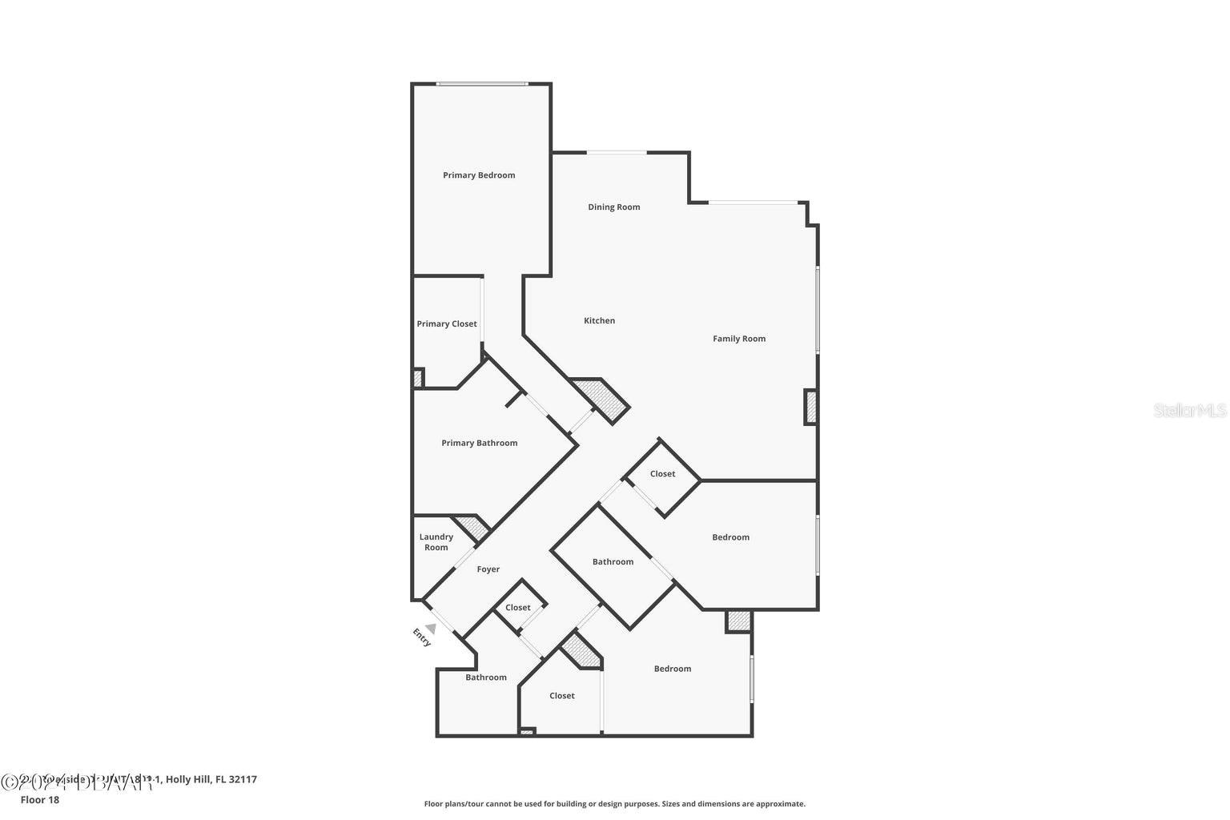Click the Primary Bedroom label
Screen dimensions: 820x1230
coord(479,175)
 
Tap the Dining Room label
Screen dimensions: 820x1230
coord(613,207)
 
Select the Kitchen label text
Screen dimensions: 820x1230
coord(599,321)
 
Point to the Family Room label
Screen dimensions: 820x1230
coord(738,339)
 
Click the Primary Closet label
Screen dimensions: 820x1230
coord(446,324)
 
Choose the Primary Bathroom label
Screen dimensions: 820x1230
coord(479,443)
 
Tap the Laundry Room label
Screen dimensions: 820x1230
coord(436,542)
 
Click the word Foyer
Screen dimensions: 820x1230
coord(488,569)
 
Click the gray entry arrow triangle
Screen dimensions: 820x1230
coord(431,629)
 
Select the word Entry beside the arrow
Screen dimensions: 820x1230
coord(421,638)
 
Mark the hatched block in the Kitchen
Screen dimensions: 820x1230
coord(602,398)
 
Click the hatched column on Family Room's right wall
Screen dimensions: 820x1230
coord(810,407)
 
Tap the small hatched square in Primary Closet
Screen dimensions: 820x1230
coord(417,378)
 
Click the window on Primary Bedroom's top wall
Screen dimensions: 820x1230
coord(481,84)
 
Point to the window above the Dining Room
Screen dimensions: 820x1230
coord(617,152)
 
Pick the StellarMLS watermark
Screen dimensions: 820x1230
coord(1189,410)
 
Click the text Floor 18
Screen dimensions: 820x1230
coord(39,799)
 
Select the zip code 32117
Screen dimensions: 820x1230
coord(242,779)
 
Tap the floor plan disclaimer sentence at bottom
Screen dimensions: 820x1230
coord(614,804)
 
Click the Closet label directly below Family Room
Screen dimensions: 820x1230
coord(662,474)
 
